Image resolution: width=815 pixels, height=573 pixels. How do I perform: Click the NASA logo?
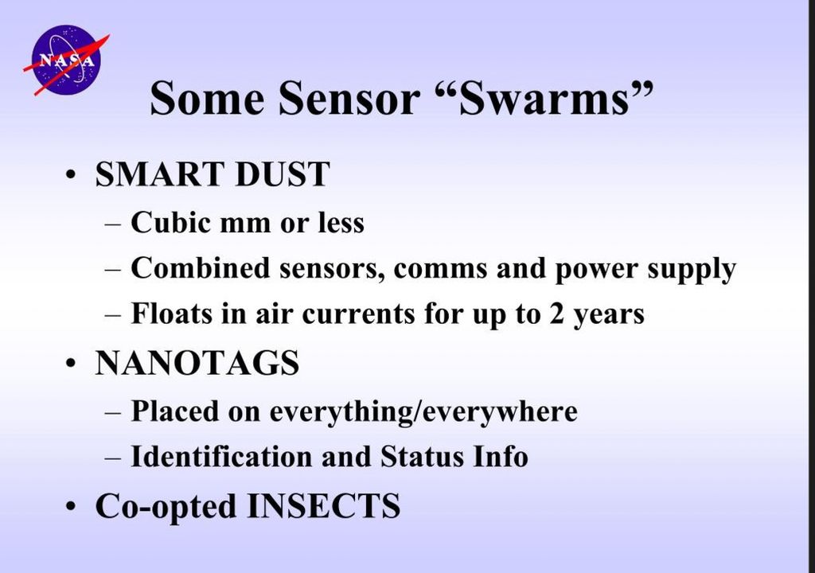65,60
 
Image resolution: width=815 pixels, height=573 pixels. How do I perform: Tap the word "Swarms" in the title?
543,99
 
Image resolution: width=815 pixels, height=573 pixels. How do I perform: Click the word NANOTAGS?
197,363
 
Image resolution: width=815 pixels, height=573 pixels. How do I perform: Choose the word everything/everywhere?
423,411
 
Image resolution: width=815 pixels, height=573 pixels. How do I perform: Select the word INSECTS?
323,506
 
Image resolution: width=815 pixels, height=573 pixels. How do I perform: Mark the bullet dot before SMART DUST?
72,175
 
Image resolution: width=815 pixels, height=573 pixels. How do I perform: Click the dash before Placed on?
115,412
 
